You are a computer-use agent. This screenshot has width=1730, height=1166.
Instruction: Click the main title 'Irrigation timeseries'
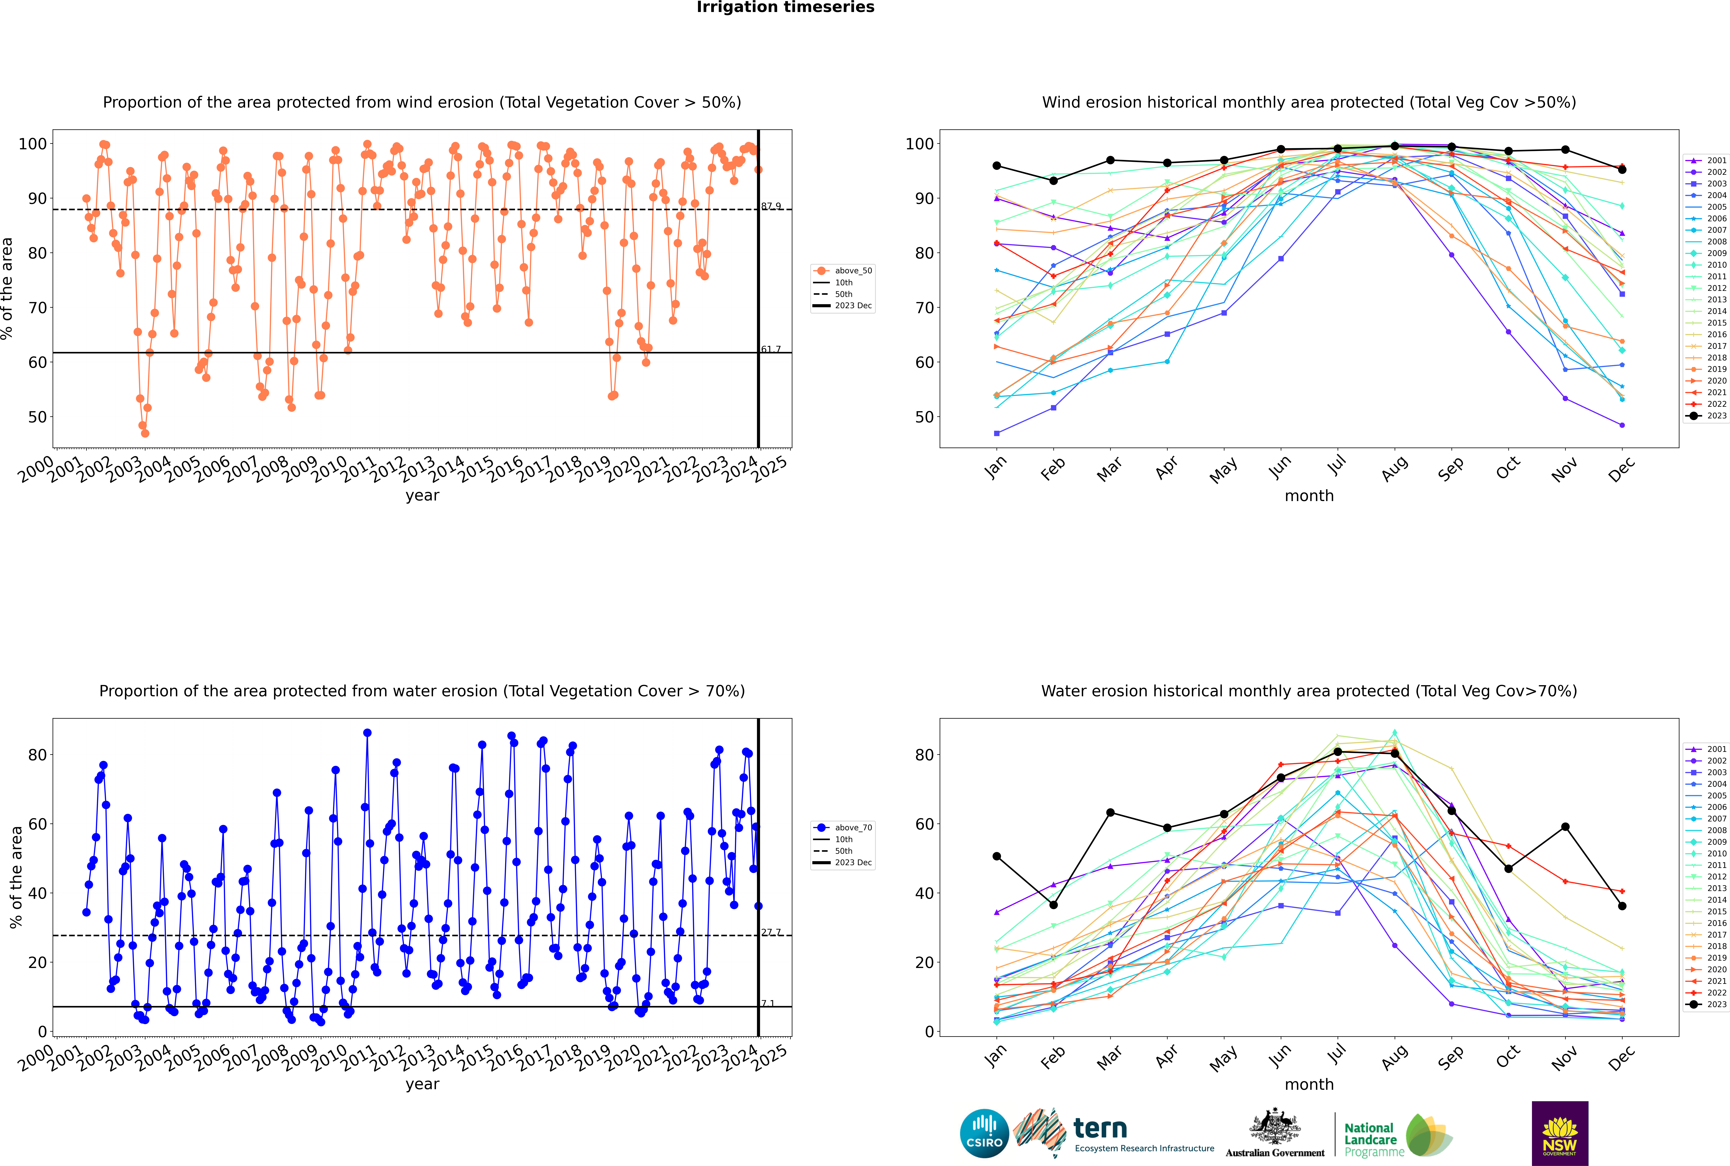(x=785, y=7)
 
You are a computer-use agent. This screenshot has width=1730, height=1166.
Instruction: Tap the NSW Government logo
(x=1560, y=1133)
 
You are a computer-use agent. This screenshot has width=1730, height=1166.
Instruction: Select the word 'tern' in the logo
(x=1100, y=1129)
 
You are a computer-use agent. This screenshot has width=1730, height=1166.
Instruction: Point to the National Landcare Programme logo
(x=1398, y=1136)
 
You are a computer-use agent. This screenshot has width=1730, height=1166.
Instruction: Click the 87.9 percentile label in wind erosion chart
(x=771, y=206)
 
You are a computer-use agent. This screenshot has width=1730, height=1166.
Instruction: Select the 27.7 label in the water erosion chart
(x=771, y=932)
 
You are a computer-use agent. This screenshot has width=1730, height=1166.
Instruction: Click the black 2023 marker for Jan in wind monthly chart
(x=997, y=166)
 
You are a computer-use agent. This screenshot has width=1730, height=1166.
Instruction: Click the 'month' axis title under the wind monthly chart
(x=1309, y=496)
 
